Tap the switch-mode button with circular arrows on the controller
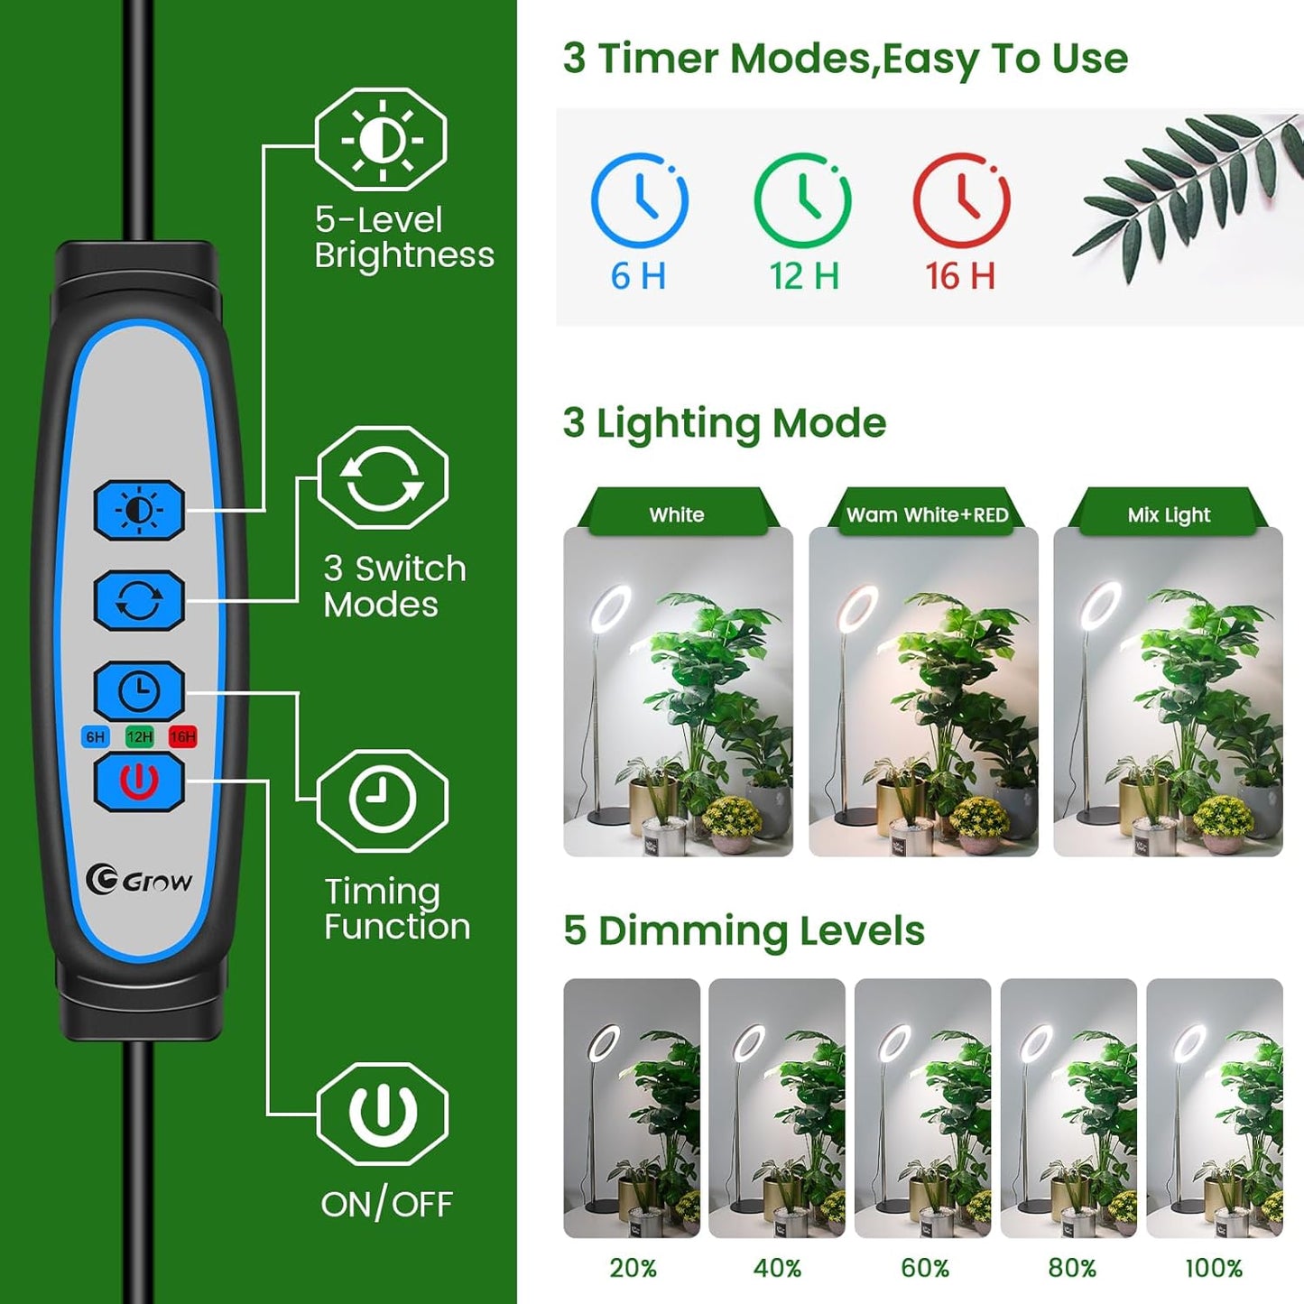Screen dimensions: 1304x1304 139,600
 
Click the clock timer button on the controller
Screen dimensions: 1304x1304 139,691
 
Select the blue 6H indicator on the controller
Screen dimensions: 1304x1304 95,737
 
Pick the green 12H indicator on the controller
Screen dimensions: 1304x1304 139,737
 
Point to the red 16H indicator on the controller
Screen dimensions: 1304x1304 182,737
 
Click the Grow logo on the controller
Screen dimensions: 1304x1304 140,880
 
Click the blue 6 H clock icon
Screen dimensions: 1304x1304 640,200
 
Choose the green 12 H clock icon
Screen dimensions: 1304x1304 802,200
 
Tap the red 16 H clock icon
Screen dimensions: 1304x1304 961,200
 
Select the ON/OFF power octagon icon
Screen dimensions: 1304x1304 383,1114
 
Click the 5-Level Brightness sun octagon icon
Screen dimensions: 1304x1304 381,140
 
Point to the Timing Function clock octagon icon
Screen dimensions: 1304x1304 383,800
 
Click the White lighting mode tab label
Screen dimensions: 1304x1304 677,514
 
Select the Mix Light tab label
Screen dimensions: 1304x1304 1169,514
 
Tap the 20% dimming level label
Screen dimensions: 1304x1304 633,1268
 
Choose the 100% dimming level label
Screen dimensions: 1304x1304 1214,1268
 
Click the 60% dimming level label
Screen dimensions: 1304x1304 925,1268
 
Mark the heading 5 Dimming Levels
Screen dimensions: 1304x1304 744,930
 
